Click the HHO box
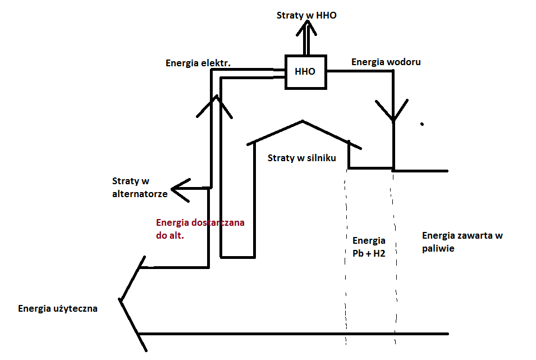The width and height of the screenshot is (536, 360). pyautogui.click(x=305, y=72)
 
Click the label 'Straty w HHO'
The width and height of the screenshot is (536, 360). pyautogui.click(x=306, y=15)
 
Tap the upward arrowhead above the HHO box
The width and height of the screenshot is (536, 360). pyautogui.click(x=306, y=28)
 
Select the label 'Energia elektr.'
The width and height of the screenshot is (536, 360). pyautogui.click(x=198, y=63)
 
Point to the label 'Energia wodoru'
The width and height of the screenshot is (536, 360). pyautogui.click(x=386, y=62)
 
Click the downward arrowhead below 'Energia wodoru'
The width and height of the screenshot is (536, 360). pyautogui.click(x=393, y=115)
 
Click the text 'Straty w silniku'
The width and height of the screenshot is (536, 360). pyautogui.click(x=301, y=158)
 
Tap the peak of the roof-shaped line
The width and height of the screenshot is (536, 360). pyautogui.click(x=303, y=121)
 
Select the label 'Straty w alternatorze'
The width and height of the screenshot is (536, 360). pyautogui.click(x=139, y=187)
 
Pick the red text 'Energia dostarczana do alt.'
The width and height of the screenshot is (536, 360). pyautogui.click(x=200, y=229)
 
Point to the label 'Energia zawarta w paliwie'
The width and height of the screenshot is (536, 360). pyautogui.click(x=462, y=241)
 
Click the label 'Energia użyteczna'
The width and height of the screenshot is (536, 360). pyautogui.click(x=58, y=308)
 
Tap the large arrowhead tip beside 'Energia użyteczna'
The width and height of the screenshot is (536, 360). pyautogui.click(x=120, y=300)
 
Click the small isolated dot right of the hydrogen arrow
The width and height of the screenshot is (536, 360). pyautogui.click(x=422, y=123)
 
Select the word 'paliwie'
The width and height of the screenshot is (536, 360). pyautogui.click(x=438, y=248)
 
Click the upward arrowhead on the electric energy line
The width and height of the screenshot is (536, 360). pyautogui.click(x=214, y=101)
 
